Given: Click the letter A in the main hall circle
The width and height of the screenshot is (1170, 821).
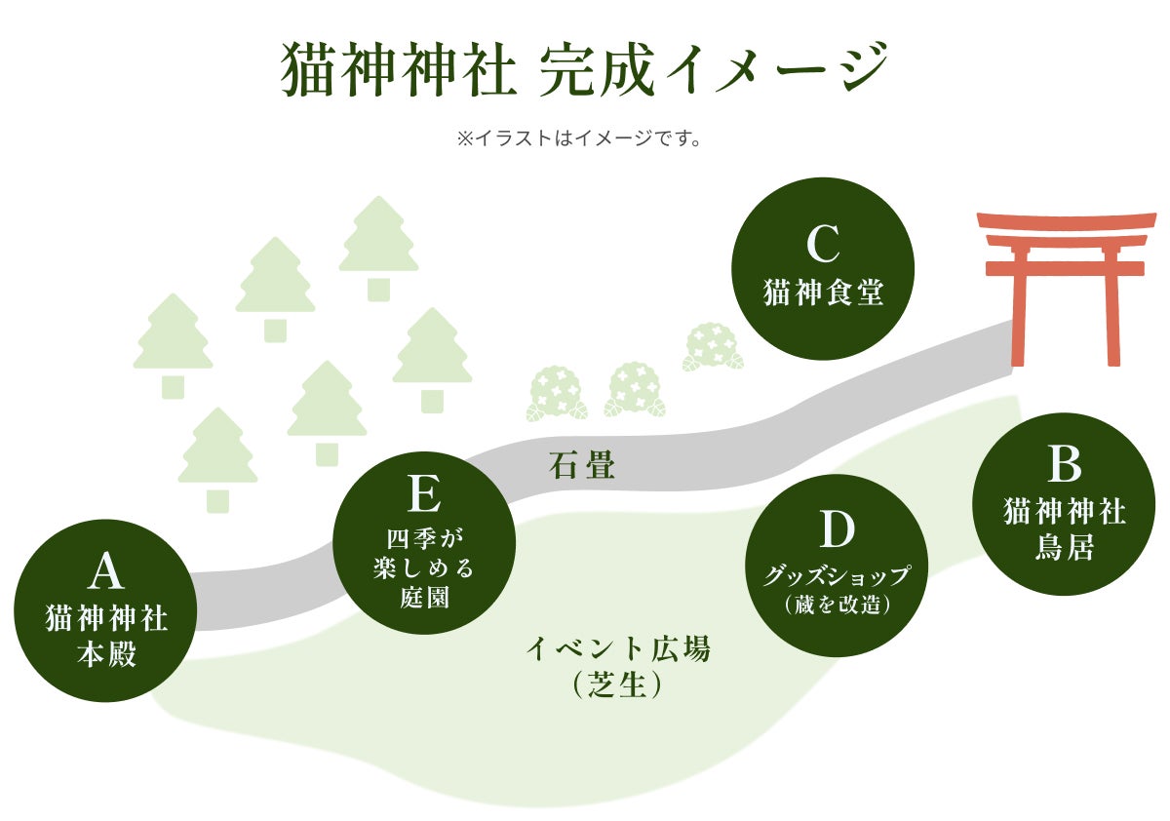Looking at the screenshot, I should (106, 572).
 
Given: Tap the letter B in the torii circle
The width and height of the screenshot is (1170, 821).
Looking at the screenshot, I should (1064, 465).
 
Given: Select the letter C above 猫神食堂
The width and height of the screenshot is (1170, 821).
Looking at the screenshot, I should (822, 245).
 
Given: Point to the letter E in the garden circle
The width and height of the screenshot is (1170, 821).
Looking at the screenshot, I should (423, 494).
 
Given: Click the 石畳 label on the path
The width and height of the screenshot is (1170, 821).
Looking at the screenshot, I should (582, 466).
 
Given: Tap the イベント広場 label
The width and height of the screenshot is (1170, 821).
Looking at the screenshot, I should (618, 648).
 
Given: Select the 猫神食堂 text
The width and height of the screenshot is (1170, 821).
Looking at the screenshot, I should (823, 292).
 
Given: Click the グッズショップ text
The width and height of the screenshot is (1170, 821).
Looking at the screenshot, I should (836, 575).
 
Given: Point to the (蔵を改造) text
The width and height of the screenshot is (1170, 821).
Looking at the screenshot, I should (837, 604).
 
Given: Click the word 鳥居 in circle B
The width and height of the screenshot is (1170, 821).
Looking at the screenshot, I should (1064, 548).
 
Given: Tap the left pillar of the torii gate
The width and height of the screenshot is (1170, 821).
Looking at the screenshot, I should (1020, 307).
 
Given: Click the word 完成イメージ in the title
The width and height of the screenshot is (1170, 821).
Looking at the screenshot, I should (712, 68).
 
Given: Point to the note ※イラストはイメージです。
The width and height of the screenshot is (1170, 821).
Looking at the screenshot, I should (579, 139).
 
